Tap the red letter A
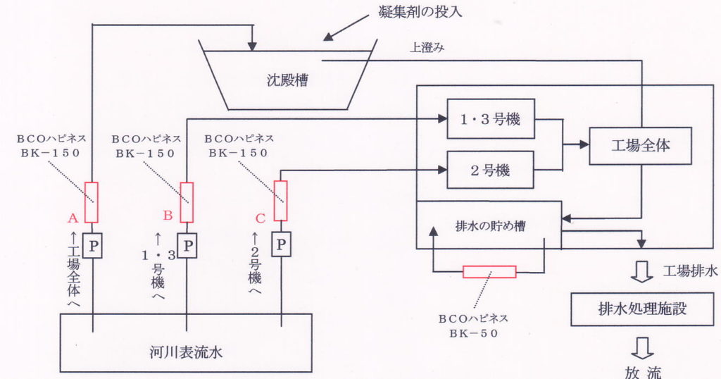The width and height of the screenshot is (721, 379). click(72, 219)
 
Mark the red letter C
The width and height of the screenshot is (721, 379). click(260, 219)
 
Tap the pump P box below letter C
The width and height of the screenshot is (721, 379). click(281, 244)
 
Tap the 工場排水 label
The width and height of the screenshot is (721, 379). click(690, 271)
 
